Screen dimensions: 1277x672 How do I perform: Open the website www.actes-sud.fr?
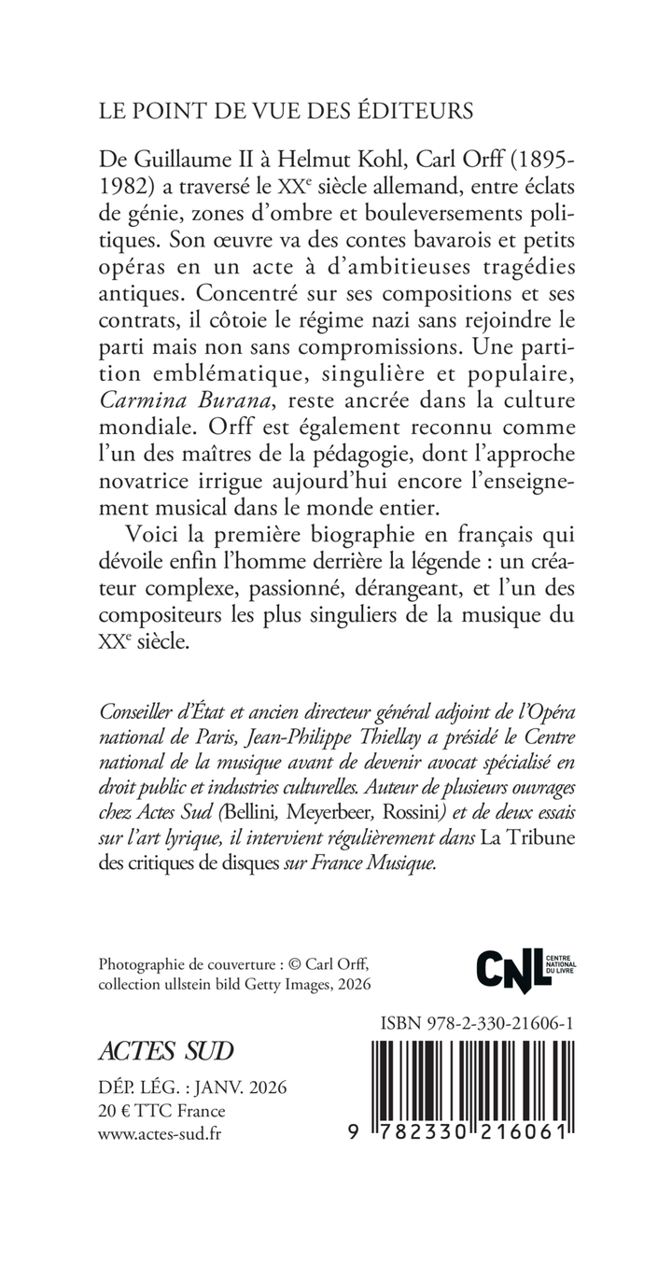tap(160, 1133)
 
